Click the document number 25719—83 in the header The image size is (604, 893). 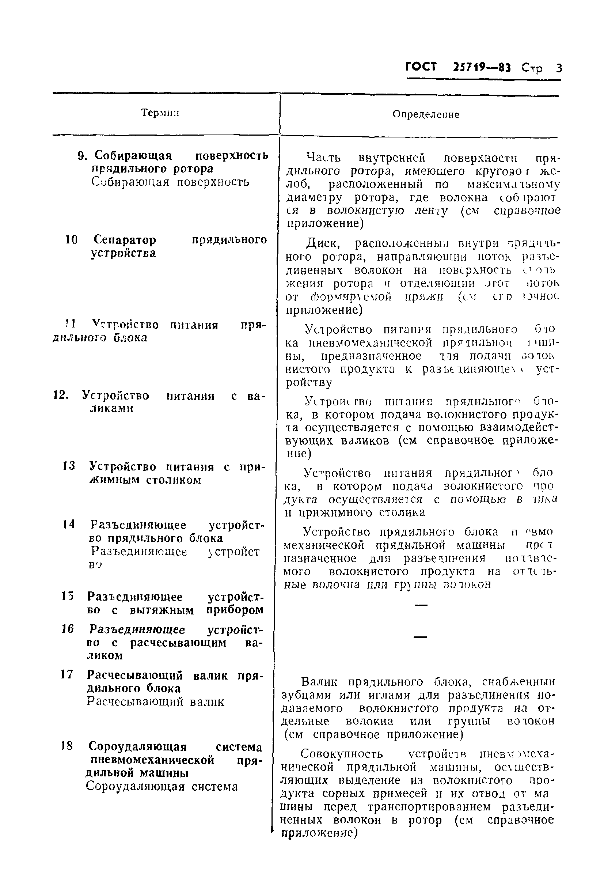point(482,68)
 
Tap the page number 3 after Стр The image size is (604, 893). point(558,68)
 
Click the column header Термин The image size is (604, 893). point(160,113)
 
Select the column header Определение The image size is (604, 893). point(426,114)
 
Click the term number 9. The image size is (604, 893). point(82,156)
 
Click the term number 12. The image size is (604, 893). point(60,395)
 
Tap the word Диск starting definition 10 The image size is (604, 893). point(322,243)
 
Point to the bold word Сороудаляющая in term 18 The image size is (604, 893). point(137,746)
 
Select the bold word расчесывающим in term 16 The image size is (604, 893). point(178,643)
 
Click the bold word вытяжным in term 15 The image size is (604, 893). point(162,610)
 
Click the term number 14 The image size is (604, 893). point(68,524)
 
